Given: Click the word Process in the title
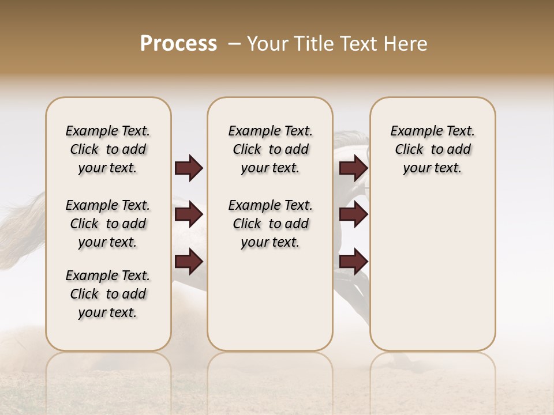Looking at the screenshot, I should (178, 44).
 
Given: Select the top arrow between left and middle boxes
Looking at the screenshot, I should (189, 168).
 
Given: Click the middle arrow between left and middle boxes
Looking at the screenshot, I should (189, 215).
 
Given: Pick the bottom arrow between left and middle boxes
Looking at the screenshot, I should (189, 262).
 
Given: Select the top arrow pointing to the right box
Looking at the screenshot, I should (353, 168).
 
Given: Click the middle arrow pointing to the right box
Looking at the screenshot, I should (353, 215).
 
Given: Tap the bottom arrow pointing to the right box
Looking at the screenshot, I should (353, 262).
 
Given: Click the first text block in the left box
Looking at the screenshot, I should (108, 150).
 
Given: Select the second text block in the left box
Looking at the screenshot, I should (108, 224).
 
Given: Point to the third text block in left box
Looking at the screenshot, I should (108, 294).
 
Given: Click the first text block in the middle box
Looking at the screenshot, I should (270, 150).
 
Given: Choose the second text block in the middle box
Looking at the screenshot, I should (270, 224).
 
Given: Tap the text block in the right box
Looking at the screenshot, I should (432, 150).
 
